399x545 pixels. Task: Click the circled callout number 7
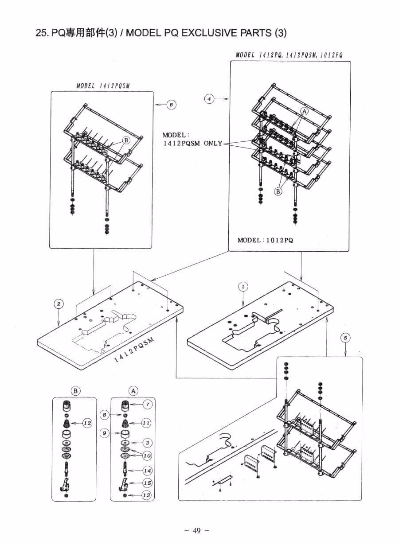tap(148, 405)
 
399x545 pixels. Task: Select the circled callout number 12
tap(87, 423)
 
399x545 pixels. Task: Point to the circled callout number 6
tap(172, 105)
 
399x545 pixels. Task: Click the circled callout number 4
tap(209, 99)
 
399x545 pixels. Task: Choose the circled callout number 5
tap(346, 338)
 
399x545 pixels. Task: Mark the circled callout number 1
tap(243, 287)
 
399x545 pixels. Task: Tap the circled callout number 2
tap(59, 304)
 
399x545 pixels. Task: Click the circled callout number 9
tap(105, 433)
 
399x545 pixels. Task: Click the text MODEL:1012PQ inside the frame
tap(266, 241)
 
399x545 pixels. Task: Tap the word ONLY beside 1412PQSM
tap(213, 143)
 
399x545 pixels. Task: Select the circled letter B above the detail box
tap(75, 391)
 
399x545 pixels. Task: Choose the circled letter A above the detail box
tap(133, 391)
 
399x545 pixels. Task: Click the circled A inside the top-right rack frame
tap(305, 111)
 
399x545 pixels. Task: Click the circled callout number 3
tap(147, 443)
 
